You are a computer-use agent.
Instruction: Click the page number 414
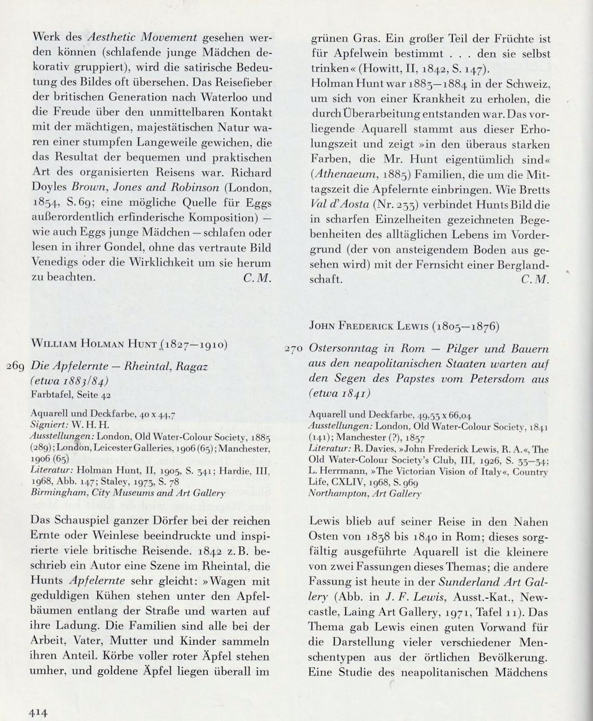(x=37, y=712)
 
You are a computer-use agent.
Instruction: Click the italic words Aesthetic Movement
(x=143, y=38)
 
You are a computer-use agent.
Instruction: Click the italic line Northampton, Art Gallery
(x=365, y=493)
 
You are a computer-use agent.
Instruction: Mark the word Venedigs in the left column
(x=55, y=263)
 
